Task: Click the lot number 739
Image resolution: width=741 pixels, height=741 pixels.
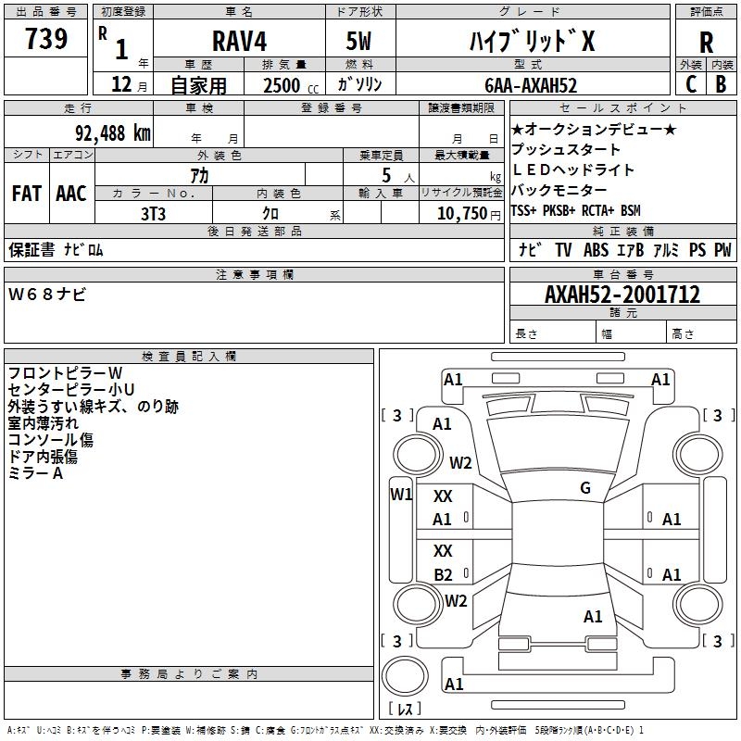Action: [x=45, y=38]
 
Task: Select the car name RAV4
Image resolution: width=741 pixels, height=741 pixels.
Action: [x=239, y=41]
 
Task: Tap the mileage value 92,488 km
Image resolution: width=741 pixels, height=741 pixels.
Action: [x=112, y=132]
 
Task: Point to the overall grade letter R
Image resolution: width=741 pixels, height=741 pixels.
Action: [x=706, y=43]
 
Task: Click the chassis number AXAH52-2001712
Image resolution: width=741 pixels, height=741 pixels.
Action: [x=622, y=295]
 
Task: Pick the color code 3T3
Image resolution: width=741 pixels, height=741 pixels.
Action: [x=153, y=214]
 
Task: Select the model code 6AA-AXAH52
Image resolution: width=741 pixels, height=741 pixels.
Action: [x=531, y=85]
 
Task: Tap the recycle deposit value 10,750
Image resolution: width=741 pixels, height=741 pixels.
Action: [x=462, y=213]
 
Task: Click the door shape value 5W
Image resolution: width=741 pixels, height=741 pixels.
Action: [x=358, y=41]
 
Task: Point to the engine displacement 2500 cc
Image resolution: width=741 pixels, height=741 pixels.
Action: [x=291, y=85]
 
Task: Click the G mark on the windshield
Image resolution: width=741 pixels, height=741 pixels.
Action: [x=585, y=488]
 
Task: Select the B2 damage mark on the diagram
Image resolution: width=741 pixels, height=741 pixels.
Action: [x=443, y=574]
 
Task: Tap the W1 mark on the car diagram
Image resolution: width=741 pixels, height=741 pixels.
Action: [x=401, y=495]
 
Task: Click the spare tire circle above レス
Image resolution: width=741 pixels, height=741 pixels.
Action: [x=405, y=676]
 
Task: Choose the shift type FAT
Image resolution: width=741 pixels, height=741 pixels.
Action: [x=27, y=194]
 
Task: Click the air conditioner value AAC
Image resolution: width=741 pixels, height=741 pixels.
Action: [x=71, y=194]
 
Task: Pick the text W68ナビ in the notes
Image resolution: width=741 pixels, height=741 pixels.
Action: [x=47, y=295]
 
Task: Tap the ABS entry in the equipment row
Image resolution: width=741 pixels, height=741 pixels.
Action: [x=596, y=249]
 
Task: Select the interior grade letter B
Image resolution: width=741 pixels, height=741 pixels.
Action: [x=721, y=84]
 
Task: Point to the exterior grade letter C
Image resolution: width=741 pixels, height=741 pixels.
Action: [x=691, y=84]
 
